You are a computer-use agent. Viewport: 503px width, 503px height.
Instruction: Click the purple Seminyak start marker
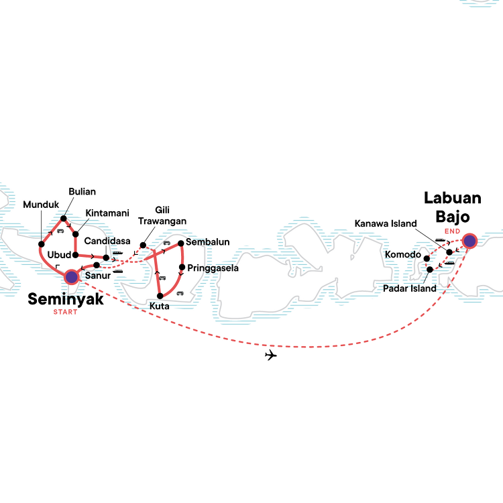click(x=72, y=277)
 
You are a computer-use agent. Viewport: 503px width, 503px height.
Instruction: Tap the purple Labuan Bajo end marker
click(x=469, y=241)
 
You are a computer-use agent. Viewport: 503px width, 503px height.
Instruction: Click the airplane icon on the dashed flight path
click(x=271, y=355)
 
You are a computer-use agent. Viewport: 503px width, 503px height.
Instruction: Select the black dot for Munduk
click(x=42, y=244)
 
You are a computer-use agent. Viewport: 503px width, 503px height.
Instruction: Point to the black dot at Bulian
click(x=64, y=219)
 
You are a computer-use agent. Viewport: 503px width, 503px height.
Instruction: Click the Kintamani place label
click(x=107, y=213)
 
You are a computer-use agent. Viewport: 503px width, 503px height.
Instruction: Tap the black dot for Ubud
click(x=75, y=256)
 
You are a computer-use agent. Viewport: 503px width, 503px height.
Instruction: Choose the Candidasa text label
click(x=107, y=241)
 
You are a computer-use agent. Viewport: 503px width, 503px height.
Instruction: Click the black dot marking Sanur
click(x=96, y=266)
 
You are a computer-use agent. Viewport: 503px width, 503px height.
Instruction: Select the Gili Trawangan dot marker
click(x=143, y=245)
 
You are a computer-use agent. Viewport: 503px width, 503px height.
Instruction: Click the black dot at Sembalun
click(x=180, y=243)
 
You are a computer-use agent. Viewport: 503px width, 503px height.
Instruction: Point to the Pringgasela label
click(x=213, y=268)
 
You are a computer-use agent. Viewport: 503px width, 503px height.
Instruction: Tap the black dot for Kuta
click(x=160, y=296)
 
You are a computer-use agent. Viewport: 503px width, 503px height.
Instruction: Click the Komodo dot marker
click(x=427, y=259)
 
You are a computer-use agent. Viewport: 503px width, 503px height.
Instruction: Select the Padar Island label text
click(x=410, y=288)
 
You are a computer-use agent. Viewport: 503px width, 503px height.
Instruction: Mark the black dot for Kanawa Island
click(x=449, y=252)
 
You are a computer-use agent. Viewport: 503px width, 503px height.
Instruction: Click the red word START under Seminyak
click(x=66, y=312)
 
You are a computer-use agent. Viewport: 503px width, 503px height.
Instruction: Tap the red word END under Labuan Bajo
click(x=452, y=231)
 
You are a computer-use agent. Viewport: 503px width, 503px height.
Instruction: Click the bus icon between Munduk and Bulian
click(x=60, y=231)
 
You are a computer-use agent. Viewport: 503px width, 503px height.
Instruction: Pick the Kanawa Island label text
click(x=386, y=223)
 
